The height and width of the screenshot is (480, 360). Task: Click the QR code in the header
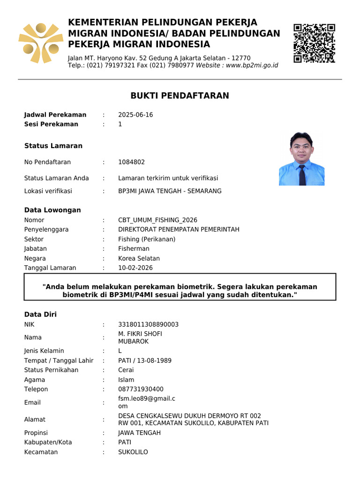(x=314, y=43)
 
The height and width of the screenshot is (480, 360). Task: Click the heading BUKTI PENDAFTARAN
(x=180, y=96)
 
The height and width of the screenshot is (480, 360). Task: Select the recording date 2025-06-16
(x=135, y=115)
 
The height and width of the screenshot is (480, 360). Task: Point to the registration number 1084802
(x=131, y=162)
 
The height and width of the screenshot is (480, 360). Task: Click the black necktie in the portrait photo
(x=302, y=175)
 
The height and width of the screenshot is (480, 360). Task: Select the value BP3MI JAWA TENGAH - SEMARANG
(x=170, y=191)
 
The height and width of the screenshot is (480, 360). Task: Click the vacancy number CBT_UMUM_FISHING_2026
(x=157, y=220)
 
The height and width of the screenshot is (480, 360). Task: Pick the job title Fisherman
(x=134, y=249)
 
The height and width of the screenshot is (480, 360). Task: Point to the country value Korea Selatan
(x=139, y=258)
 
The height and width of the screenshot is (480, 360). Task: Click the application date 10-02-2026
(x=135, y=268)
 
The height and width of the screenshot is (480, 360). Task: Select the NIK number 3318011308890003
(x=148, y=324)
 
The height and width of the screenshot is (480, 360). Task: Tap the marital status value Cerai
(x=126, y=370)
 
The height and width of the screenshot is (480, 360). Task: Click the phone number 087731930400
(x=141, y=389)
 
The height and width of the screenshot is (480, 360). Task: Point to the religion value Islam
(x=126, y=380)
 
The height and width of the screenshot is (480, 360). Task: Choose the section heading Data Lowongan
(x=52, y=210)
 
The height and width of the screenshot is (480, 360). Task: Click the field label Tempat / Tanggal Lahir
(x=59, y=360)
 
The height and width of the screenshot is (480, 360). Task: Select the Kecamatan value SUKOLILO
(x=133, y=452)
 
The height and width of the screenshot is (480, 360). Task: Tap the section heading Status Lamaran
(x=53, y=146)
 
